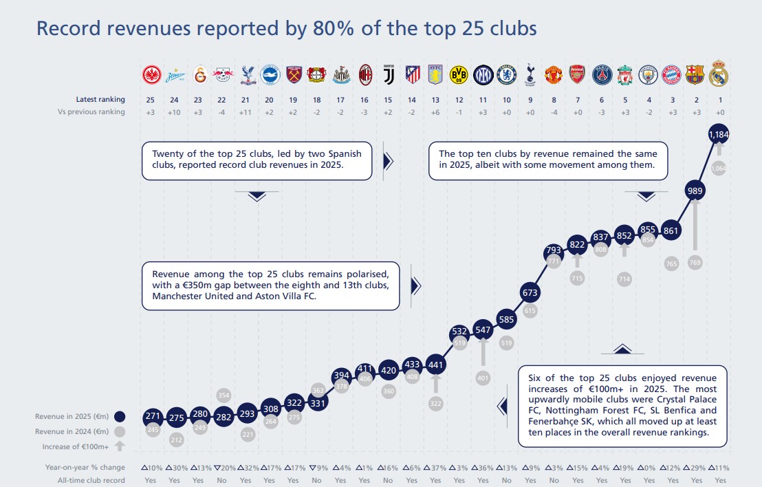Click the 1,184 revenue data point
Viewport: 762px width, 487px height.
click(718, 136)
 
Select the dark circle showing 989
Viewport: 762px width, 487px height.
click(695, 191)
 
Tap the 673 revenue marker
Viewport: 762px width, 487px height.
click(530, 293)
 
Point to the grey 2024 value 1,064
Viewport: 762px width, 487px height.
click(718, 168)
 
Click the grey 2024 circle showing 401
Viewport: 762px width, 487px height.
click(483, 378)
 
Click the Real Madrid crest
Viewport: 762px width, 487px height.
click(718, 73)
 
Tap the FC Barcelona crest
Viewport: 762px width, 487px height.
click(695, 74)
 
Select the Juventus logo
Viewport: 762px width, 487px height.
click(389, 74)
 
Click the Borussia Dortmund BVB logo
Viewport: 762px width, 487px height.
click(459, 74)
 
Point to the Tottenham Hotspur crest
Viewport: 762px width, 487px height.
click(530, 74)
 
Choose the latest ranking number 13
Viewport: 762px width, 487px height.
click(435, 100)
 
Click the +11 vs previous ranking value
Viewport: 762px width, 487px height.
click(246, 112)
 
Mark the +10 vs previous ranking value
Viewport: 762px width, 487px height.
click(175, 112)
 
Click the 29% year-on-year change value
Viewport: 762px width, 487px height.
click(697, 468)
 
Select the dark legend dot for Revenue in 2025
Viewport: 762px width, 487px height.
click(120, 416)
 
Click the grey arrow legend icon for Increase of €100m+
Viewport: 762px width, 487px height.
click(120, 446)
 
